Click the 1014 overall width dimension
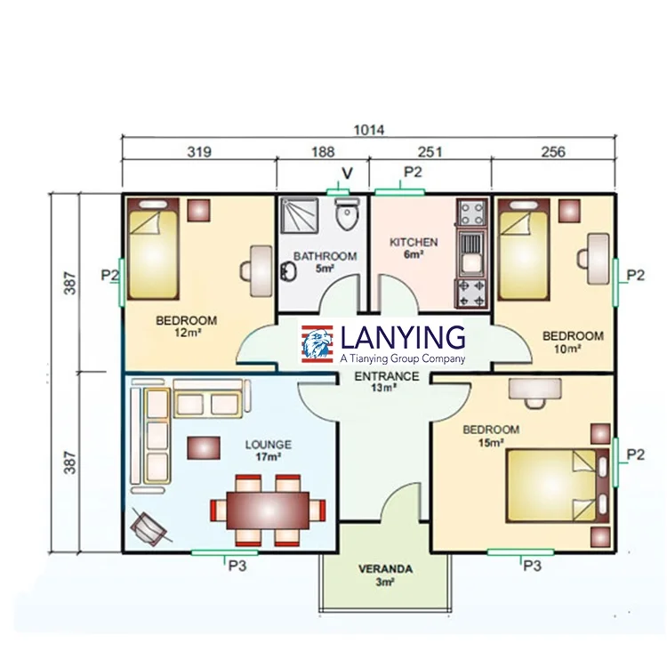click(369, 130)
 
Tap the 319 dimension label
click(199, 152)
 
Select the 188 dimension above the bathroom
click(323, 152)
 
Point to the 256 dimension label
click(553, 152)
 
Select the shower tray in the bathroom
click(300, 216)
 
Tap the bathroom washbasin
click(289, 271)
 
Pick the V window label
click(347, 173)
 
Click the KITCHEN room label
click(414, 242)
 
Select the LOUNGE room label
click(268, 445)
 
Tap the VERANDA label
click(385, 569)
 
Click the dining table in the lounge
click(268, 510)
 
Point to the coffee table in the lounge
click(204, 448)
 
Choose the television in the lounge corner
click(148, 527)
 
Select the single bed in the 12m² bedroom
click(153, 249)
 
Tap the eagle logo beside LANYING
click(317, 344)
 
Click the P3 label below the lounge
click(237, 566)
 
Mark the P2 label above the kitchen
click(413, 172)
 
